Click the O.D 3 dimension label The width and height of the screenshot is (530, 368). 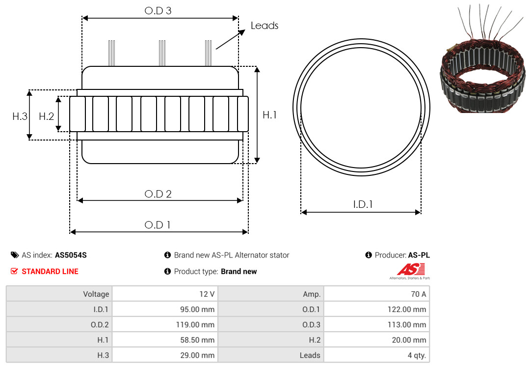coord(158,11)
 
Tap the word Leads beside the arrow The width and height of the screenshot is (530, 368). coord(265,26)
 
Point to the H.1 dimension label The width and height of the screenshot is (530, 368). coord(269,115)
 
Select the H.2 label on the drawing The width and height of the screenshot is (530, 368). coord(46,116)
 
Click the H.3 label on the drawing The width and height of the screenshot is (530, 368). coord(20,116)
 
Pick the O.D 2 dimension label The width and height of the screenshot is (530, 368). coord(158,194)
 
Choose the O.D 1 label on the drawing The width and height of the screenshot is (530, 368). coord(157,225)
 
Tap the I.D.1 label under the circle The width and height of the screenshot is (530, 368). coord(363,204)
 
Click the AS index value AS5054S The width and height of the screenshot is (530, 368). coord(71,255)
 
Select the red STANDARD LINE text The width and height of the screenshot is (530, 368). coord(50,272)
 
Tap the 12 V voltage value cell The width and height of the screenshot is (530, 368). coord(165,294)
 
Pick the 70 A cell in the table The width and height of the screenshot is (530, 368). coord(376,294)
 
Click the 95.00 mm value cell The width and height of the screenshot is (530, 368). coord(165,309)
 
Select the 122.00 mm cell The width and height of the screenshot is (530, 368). coord(376,309)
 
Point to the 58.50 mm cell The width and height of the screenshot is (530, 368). coord(165,340)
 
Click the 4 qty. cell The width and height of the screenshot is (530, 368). coord(376,355)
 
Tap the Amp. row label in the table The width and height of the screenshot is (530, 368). coord(271,294)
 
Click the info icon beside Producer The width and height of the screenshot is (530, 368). coord(369,255)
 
